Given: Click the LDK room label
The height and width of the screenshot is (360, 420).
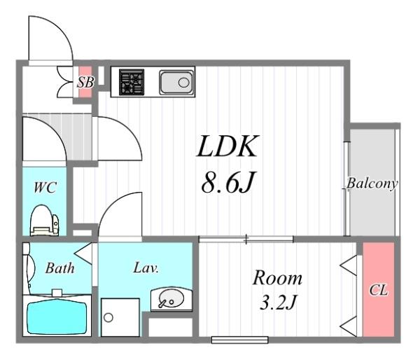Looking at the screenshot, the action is (227, 146).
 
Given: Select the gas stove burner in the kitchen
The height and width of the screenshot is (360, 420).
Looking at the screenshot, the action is (132, 82).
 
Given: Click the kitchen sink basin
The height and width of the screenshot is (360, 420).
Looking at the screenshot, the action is (176, 82).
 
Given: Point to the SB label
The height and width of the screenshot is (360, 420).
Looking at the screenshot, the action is (85, 82).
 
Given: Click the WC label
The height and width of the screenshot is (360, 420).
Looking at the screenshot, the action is (45, 188).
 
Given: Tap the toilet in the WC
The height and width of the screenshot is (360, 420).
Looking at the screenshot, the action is (45, 221).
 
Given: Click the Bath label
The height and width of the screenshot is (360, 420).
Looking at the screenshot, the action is (59, 268).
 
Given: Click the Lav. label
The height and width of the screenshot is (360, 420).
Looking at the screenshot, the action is (146, 268).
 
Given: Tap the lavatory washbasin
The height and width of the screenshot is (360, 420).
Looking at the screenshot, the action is (171, 300).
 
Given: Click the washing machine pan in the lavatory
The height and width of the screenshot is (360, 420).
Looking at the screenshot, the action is (120, 317).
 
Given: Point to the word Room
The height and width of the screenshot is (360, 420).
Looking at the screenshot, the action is (278, 278).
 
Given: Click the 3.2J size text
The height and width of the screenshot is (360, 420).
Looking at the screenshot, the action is (278, 303).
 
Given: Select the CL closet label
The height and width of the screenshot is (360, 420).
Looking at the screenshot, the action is (379, 290).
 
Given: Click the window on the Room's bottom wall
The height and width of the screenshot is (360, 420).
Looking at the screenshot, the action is (239, 340).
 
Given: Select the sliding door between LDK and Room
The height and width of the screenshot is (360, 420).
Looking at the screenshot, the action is (246, 239).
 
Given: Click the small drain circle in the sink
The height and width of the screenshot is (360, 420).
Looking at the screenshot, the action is (183, 82).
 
